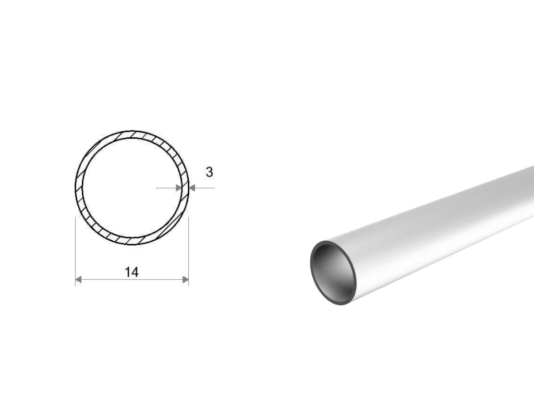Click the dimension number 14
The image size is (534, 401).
[x=131, y=273]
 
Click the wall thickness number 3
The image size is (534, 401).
[x=209, y=172]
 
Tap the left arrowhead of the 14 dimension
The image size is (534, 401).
[x=78, y=280]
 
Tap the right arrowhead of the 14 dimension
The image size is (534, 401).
[x=186, y=280]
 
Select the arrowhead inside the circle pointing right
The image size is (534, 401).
[x=178, y=187]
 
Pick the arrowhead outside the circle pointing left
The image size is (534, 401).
[x=192, y=187]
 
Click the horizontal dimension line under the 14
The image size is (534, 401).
[x=132, y=280]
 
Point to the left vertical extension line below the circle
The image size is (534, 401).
[x=75, y=251]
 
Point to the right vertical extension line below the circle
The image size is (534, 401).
[x=188, y=251]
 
